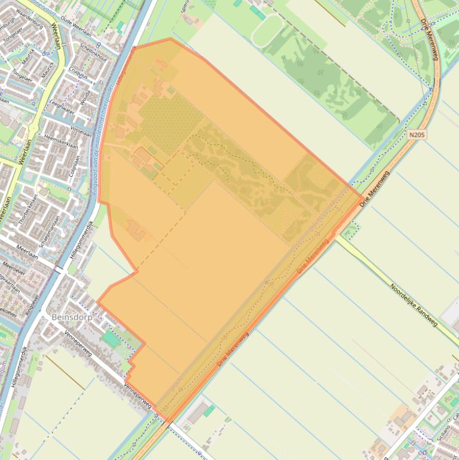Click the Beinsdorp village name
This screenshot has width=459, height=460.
pyautogui.click(x=72, y=317)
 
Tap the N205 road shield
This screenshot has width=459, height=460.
pyautogui.click(x=418, y=135)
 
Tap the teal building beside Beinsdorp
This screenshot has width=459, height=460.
pyautogui.click(x=110, y=339)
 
